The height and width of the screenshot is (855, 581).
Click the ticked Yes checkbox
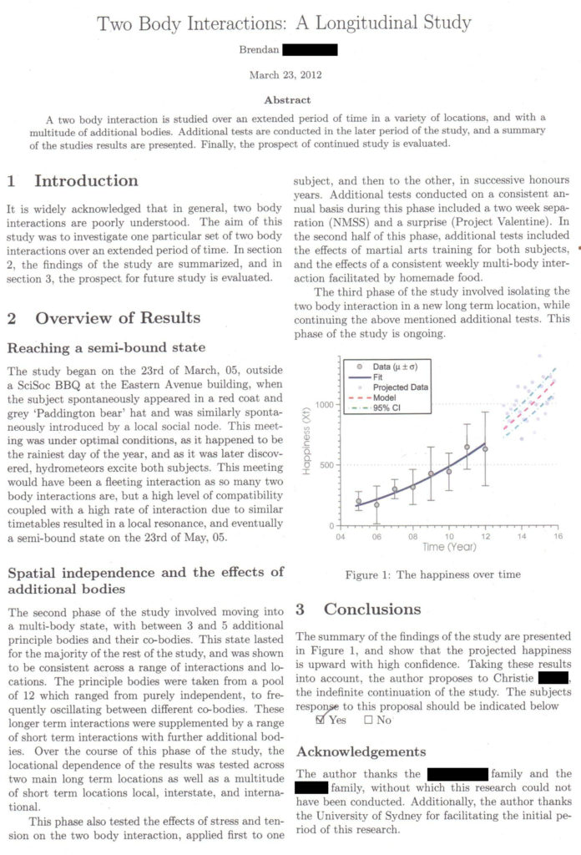point(322,720)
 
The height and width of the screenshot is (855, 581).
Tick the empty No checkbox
point(368,720)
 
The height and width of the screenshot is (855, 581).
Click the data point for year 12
point(485,448)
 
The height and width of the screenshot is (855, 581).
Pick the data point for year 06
point(376,504)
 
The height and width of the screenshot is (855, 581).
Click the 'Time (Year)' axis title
point(448,547)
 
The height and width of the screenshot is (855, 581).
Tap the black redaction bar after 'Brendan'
point(310,50)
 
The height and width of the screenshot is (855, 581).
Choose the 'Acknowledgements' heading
point(361,752)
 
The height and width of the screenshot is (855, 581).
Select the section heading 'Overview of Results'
point(118,318)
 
